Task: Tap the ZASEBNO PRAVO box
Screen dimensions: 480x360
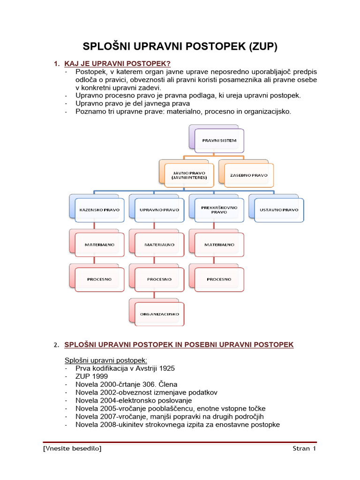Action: [x=248, y=175]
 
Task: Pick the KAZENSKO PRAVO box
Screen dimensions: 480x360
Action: [x=99, y=210]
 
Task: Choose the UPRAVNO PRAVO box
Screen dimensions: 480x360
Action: [x=159, y=210]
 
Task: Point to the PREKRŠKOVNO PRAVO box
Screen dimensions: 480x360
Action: [x=219, y=210]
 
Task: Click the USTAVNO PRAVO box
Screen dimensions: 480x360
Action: [x=279, y=210]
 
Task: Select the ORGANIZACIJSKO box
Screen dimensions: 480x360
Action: [x=159, y=314]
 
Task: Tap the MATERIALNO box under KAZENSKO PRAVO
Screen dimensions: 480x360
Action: [x=99, y=245]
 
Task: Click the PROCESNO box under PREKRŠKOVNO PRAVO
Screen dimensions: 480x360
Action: [x=219, y=279]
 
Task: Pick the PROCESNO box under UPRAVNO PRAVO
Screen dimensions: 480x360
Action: [x=159, y=279]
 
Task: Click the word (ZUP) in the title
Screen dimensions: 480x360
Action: [x=261, y=46]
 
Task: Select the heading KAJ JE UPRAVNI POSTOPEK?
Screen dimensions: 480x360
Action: [x=117, y=64]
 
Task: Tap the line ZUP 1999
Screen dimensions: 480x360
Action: [x=91, y=376]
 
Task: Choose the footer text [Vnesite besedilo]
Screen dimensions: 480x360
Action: [x=72, y=449]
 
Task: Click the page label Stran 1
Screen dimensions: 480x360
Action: [x=304, y=449]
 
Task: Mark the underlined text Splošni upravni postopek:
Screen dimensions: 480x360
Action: [x=105, y=360]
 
